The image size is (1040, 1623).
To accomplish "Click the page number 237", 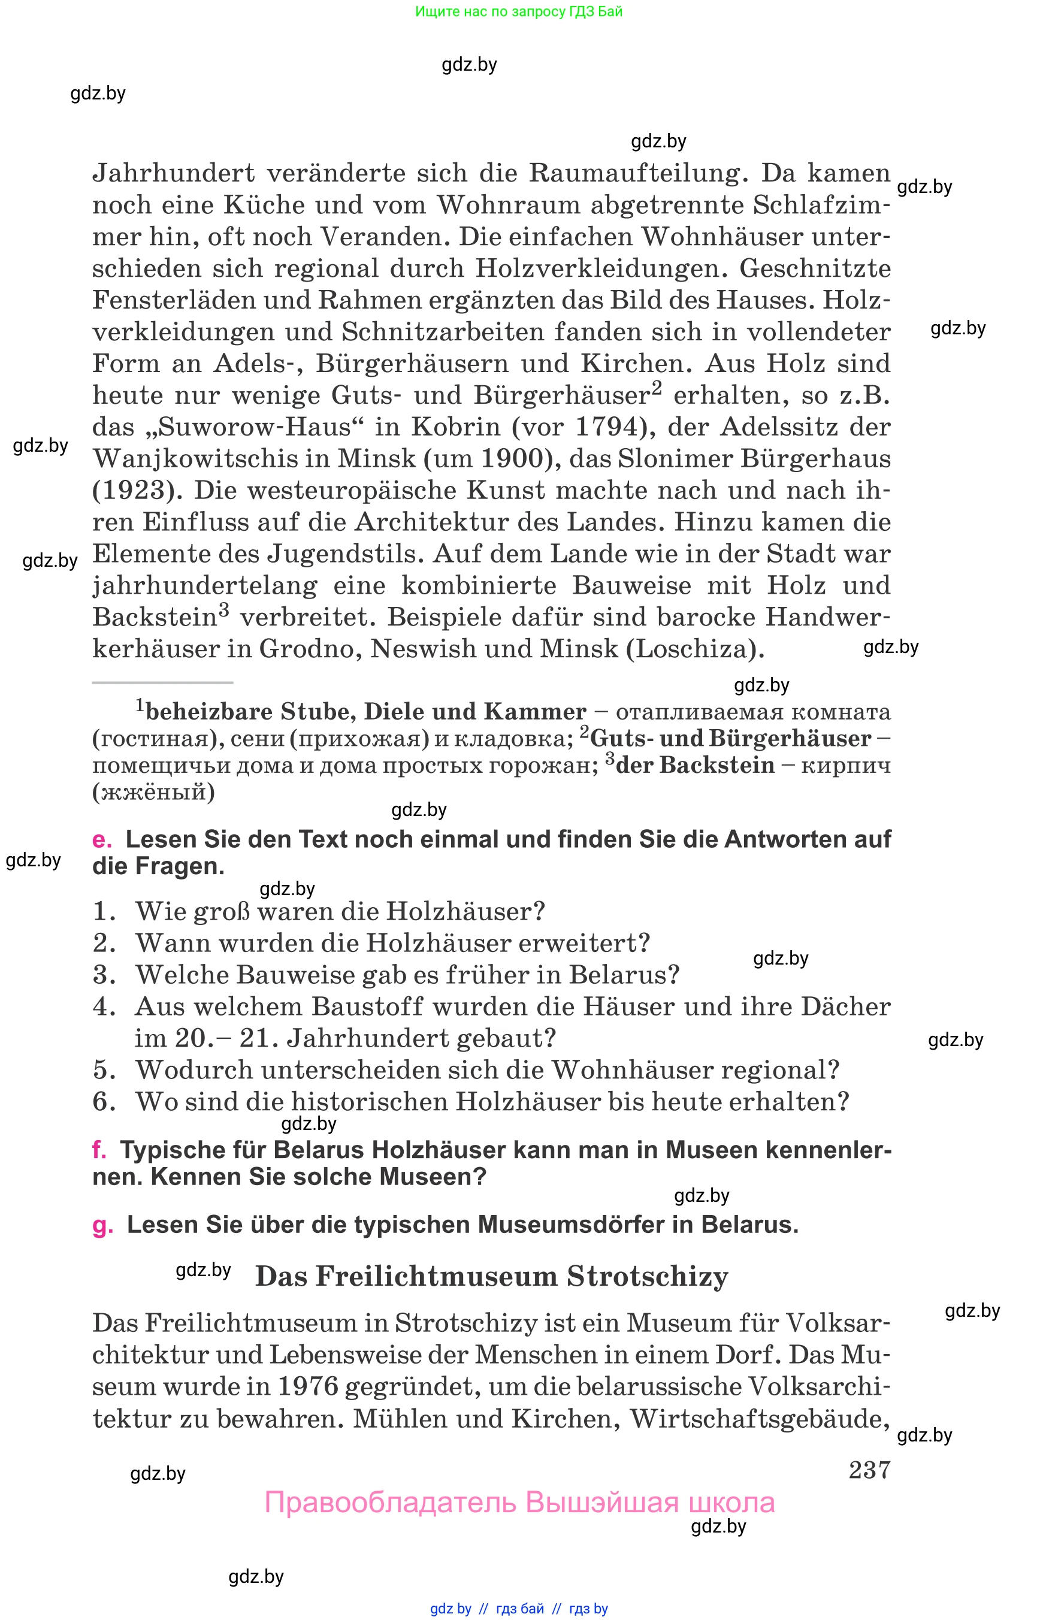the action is [x=869, y=1470].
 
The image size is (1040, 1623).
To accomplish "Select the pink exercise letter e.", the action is [x=101, y=839].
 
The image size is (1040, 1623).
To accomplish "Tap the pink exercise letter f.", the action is [x=99, y=1150].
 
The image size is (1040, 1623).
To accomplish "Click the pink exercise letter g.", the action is [x=102, y=1225].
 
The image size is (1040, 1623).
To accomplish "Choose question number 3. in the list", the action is [x=105, y=975].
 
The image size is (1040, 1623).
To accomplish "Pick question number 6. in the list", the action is [x=105, y=1102].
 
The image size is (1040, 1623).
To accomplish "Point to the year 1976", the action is [x=308, y=1386].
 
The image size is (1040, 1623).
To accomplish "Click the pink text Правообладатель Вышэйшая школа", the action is [x=519, y=1503].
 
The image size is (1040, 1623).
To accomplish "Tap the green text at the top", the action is [x=519, y=11].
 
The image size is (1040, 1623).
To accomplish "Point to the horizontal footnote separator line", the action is [x=162, y=683].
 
